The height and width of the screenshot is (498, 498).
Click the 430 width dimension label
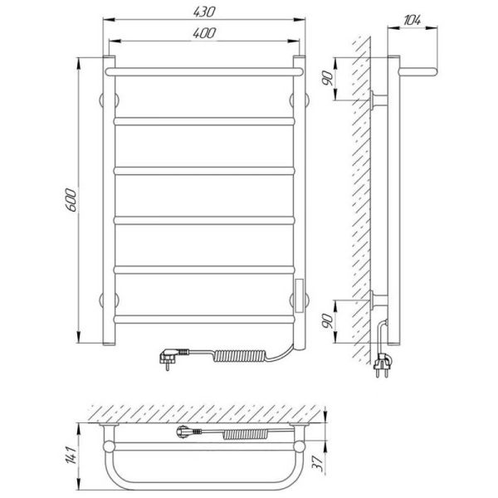click(x=204, y=12)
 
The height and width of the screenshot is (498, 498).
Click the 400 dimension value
click(x=204, y=33)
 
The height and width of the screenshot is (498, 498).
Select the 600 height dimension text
click(x=71, y=200)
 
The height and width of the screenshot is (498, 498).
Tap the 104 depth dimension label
click(x=412, y=20)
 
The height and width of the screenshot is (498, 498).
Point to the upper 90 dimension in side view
click(x=328, y=78)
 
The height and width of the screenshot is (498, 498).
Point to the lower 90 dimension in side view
click(x=328, y=320)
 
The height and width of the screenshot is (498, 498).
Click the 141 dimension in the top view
click(x=71, y=455)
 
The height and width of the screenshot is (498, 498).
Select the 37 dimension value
click(x=318, y=464)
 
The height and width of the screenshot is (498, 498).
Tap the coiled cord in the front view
click(x=240, y=355)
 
